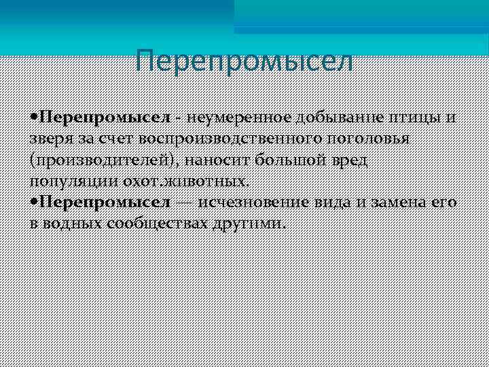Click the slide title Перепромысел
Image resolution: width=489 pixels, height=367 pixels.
pyautogui.click(x=244, y=61)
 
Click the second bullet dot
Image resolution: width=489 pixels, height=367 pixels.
pyautogui.click(x=34, y=203)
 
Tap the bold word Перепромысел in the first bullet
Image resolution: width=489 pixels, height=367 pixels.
pyautogui.click(x=105, y=118)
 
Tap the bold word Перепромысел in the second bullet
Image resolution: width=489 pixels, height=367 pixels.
pyautogui.click(x=105, y=203)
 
